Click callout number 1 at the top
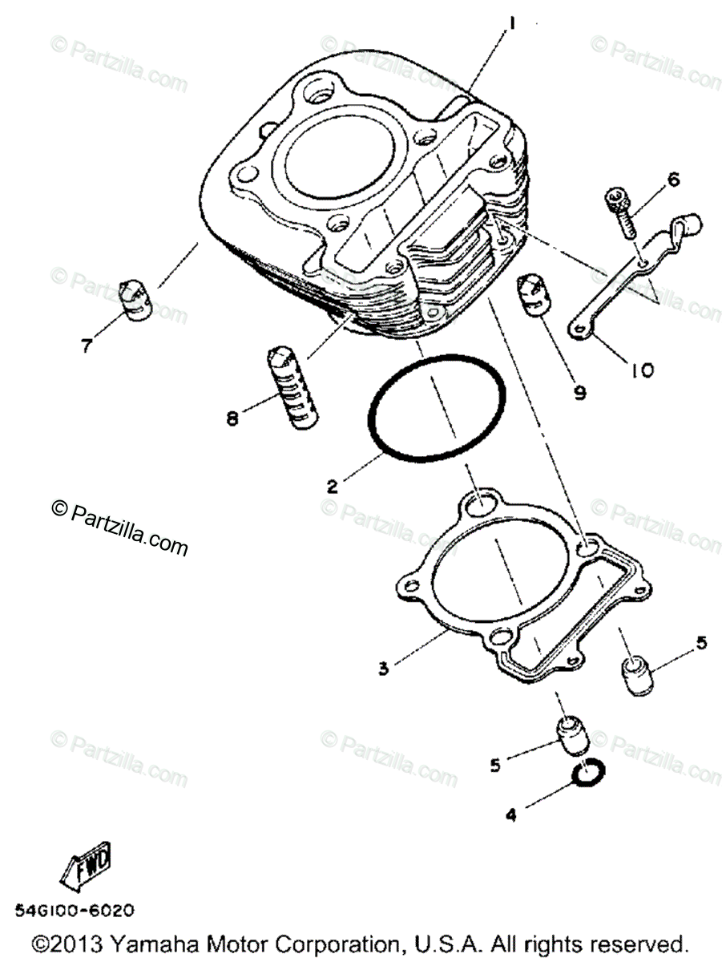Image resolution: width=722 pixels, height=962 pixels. (510, 25)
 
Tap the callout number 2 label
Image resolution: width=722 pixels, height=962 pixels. (330, 486)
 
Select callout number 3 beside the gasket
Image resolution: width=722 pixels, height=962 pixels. (384, 667)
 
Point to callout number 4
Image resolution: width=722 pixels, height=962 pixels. (511, 815)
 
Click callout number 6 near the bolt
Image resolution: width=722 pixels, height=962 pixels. (672, 180)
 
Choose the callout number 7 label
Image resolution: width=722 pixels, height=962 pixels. (85, 346)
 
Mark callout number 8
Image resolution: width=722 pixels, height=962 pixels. (232, 418)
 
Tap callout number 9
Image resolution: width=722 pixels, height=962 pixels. (579, 392)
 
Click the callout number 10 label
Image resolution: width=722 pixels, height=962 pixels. (642, 370)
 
